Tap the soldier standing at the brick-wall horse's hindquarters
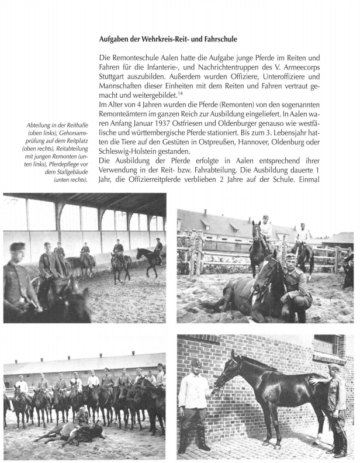[x=335, y=403]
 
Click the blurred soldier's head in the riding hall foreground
[x=18, y=251]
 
